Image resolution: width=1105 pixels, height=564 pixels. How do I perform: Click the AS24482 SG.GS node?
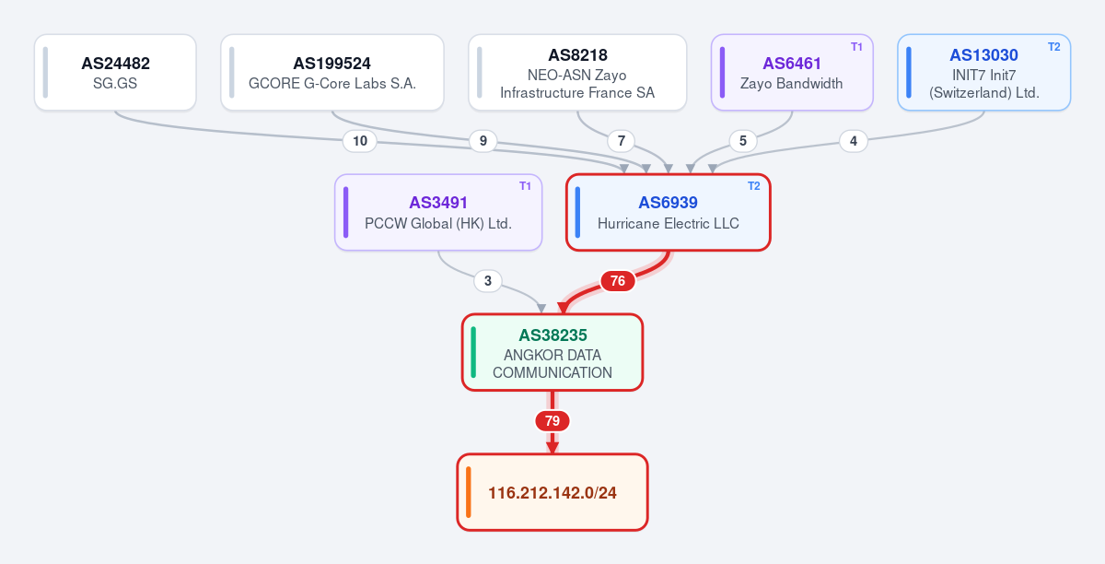pos(115,73)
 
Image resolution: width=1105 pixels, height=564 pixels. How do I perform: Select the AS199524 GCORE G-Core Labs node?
pos(332,73)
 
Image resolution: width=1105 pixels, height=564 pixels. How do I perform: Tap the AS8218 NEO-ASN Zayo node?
pos(577,73)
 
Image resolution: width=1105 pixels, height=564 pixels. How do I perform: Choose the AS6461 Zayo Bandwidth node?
pos(792,73)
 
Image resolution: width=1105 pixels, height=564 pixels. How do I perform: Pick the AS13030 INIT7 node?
pos(983,73)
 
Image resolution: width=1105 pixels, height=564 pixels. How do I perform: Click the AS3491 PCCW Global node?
pos(438,212)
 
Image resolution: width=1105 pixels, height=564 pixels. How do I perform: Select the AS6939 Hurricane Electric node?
pos(668,212)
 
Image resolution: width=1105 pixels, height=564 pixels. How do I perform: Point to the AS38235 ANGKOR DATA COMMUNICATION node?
pos(552,352)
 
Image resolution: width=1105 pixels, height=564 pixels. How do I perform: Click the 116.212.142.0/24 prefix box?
pos(552,492)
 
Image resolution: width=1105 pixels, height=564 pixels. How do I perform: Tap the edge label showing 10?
pos(360,141)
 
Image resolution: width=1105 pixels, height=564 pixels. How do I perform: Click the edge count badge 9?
pos(483,141)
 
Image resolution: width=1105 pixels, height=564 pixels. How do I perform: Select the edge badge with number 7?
pos(621,141)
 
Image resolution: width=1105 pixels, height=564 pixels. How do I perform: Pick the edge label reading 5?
pos(743,141)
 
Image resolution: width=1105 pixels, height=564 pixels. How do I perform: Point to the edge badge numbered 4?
pos(854,141)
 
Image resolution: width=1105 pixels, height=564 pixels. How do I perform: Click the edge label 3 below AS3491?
pos(488,281)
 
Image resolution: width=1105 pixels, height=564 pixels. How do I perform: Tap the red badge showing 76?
pos(618,281)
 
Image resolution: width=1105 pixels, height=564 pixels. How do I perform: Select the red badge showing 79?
pos(552,421)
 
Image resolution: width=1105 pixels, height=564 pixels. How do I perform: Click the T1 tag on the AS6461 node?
pos(856,47)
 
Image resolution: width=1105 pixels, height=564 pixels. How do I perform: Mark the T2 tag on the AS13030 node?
pos(1053,47)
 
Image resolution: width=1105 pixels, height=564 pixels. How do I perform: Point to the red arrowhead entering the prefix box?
pos(552,448)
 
